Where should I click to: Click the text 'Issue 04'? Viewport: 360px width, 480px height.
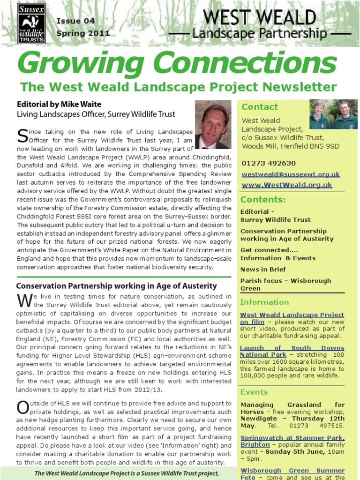tap(75, 21)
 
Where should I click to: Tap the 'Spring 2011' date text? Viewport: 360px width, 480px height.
tap(83, 33)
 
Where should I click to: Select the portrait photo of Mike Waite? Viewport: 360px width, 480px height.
tap(212, 125)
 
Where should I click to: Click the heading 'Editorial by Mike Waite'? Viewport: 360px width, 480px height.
tap(59, 104)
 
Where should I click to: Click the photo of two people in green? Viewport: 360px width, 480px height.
tap(333, 115)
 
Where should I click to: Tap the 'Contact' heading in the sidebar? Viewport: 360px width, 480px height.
tap(260, 107)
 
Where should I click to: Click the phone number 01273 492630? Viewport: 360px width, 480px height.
tap(269, 163)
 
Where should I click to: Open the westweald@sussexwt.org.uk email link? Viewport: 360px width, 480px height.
tap(291, 174)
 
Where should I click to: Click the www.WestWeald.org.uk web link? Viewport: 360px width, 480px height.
tap(287, 185)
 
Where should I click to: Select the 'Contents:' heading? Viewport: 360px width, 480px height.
tap(263, 200)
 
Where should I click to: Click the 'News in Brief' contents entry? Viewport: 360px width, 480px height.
tap(263, 270)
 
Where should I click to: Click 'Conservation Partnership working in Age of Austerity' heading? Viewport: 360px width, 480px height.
tap(116, 286)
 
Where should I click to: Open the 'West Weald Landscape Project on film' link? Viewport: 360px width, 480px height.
tap(292, 318)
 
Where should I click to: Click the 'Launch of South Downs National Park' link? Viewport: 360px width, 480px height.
tap(292, 352)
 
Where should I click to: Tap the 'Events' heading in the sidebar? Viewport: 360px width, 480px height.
tap(254, 392)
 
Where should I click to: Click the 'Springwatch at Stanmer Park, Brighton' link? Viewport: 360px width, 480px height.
tap(292, 442)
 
